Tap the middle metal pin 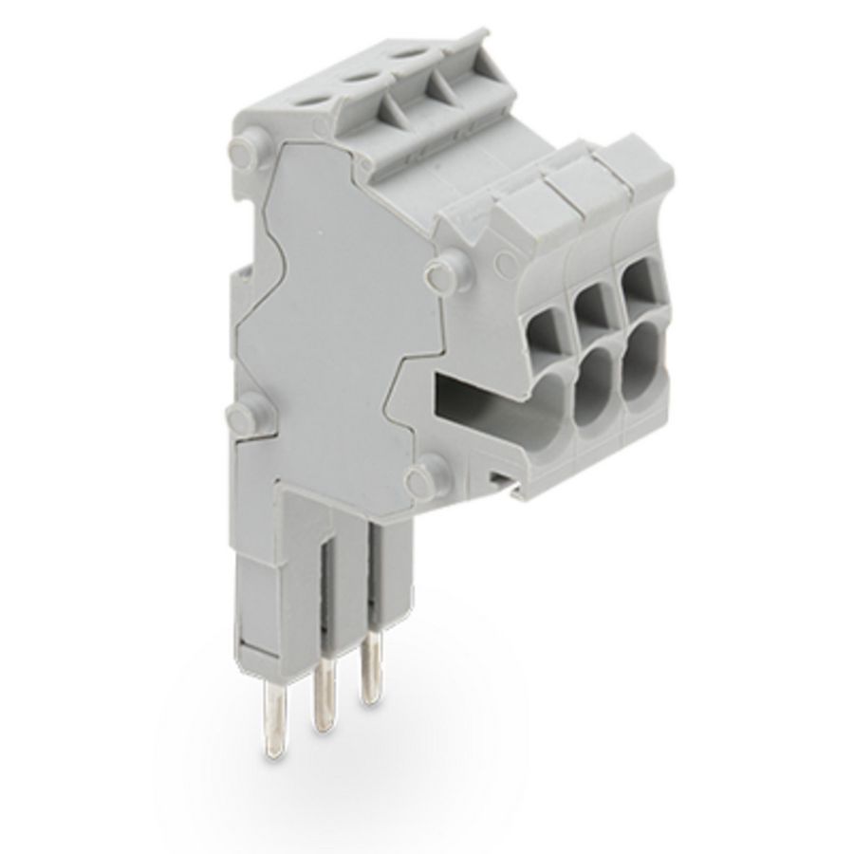325,688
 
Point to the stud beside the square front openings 438,274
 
